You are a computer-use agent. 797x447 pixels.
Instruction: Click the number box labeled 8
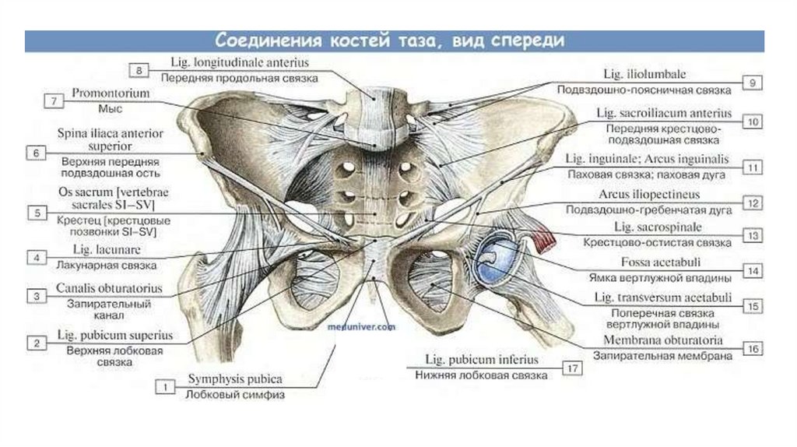click(x=138, y=71)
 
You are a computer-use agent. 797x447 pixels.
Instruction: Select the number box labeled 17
click(x=574, y=368)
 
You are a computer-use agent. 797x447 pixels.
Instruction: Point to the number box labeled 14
click(x=752, y=270)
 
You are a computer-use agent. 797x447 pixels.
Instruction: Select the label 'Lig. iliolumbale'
click(x=644, y=75)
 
